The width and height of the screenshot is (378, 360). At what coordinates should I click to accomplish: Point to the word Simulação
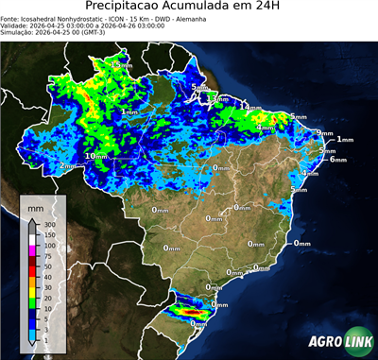pos(18,33)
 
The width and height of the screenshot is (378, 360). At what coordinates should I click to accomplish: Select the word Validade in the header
pos(16,26)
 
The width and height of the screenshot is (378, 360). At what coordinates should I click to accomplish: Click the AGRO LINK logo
pos(341,342)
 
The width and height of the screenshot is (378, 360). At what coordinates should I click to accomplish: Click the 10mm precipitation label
pos(95,156)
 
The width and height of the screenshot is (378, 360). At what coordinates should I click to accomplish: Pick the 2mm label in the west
pos(67,166)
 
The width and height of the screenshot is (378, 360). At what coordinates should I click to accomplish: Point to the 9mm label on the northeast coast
pos(324,133)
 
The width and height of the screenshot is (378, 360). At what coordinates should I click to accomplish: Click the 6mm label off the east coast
pos(337,160)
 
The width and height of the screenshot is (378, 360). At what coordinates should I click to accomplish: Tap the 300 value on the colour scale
pos(49,225)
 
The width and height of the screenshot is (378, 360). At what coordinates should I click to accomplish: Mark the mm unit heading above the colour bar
pos(36,207)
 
